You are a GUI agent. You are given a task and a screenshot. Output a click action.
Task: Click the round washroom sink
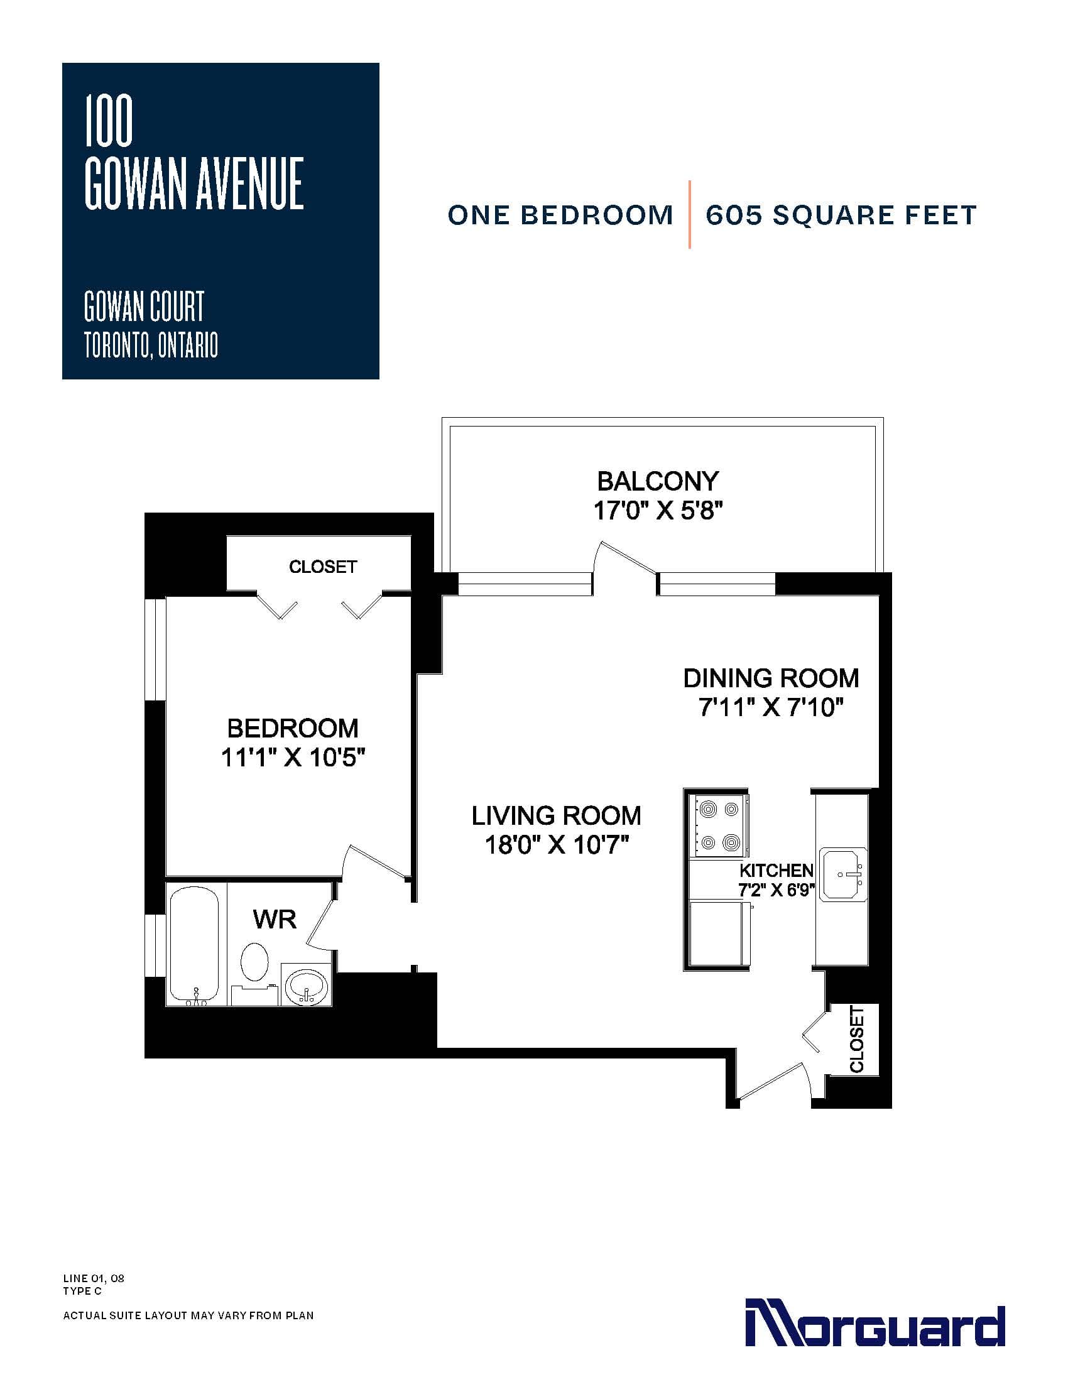(x=306, y=985)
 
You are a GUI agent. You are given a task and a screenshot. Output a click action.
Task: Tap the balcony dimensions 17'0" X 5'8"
(x=658, y=510)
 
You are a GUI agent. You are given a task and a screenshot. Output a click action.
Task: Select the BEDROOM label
(x=292, y=728)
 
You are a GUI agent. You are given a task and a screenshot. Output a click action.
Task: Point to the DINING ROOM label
(x=771, y=678)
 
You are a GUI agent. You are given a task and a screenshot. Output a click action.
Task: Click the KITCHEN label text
(x=776, y=870)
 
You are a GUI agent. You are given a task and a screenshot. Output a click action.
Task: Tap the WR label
(x=275, y=919)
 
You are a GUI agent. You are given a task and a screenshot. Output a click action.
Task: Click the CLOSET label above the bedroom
(x=323, y=567)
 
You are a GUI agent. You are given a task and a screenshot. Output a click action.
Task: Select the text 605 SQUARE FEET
(x=841, y=215)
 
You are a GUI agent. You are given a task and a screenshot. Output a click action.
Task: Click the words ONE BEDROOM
(x=560, y=215)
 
